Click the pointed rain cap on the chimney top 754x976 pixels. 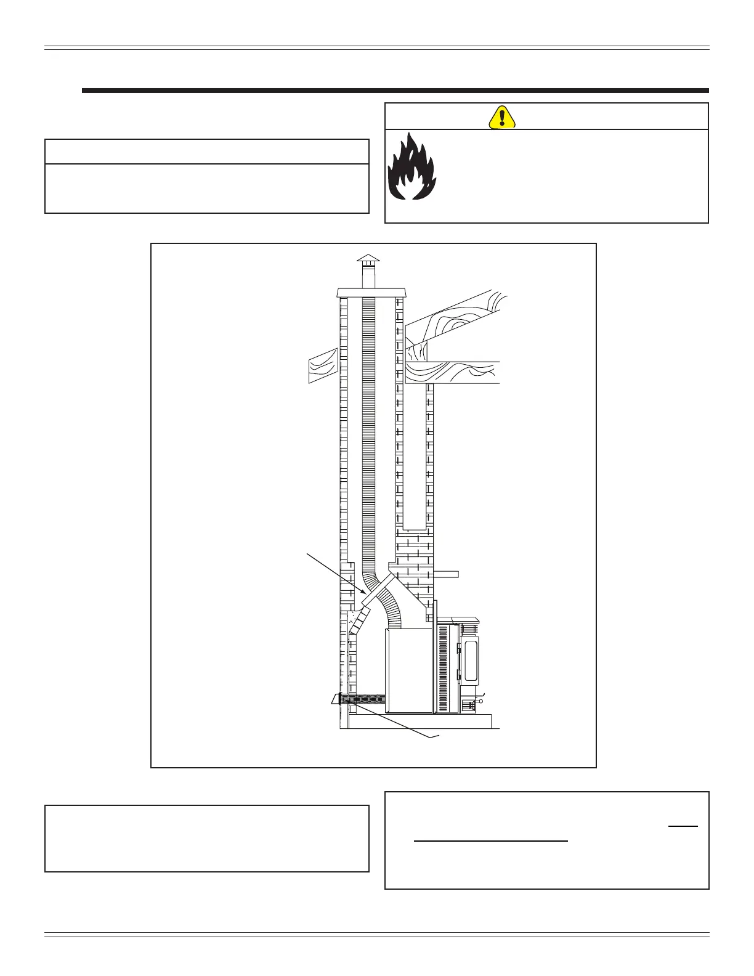click(x=368, y=258)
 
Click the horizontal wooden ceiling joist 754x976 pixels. click(x=453, y=372)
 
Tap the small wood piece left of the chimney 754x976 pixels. click(x=322, y=365)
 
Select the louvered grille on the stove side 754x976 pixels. click(x=444, y=669)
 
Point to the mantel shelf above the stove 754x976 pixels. click(x=446, y=574)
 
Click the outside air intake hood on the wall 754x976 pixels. click(x=338, y=700)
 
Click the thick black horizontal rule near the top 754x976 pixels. click(x=395, y=91)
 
